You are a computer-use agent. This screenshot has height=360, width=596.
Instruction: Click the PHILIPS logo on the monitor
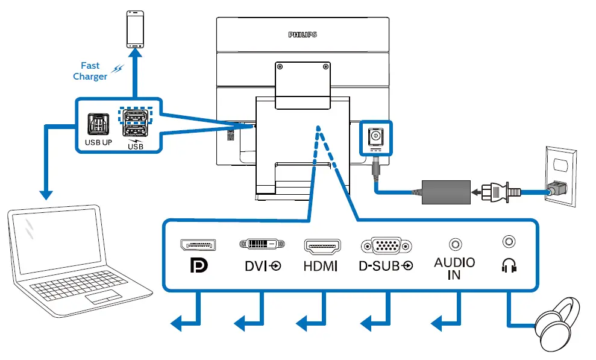tap(303, 35)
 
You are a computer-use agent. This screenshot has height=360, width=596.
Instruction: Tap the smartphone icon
tap(134, 29)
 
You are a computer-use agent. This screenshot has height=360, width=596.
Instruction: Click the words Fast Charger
tap(91, 71)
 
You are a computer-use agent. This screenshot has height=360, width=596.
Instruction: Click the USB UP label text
tap(98, 144)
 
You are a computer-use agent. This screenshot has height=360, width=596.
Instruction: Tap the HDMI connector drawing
tap(322, 245)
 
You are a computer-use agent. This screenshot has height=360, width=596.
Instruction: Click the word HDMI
tap(321, 266)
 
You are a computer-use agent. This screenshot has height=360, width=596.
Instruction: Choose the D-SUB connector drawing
tap(386, 245)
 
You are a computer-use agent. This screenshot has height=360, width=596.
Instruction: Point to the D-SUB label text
tap(386, 266)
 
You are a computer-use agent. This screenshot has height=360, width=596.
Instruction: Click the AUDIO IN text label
tap(454, 269)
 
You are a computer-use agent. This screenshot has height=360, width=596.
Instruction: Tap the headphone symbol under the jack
tap(509, 265)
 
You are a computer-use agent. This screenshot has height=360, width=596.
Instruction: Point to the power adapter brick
tap(446, 191)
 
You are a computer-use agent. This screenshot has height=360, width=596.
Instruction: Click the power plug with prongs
tap(504, 192)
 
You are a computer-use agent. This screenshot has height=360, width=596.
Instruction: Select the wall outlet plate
tap(560, 175)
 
